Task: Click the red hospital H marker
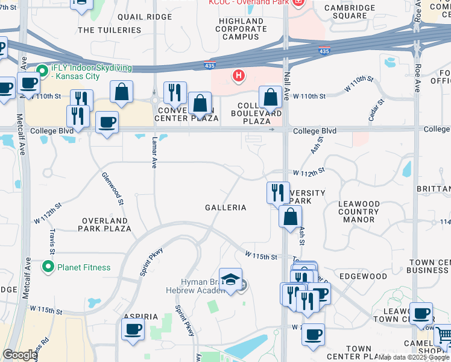[239, 76]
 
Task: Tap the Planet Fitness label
[84, 267]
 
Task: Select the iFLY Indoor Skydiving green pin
[42, 70]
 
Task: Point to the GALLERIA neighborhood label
[225, 208]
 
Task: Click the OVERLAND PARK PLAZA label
[105, 224]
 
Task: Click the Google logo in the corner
[20, 355]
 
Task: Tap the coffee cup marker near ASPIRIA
[133, 329]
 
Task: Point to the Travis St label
[52, 241]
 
